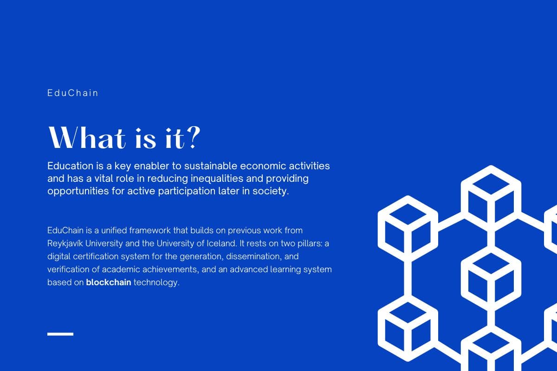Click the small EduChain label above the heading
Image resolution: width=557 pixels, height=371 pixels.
pyautogui.click(x=72, y=93)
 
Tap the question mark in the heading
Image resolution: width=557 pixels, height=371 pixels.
pyautogui.click(x=193, y=137)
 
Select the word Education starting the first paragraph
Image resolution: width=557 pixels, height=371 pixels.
pyautogui.click(x=71, y=166)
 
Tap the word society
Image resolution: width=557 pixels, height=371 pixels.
pyautogui.click(x=271, y=192)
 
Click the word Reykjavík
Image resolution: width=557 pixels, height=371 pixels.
pyautogui.click(x=65, y=243)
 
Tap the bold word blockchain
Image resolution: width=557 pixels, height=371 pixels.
pyautogui.click(x=109, y=282)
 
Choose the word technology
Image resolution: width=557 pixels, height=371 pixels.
pyautogui.click(x=156, y=282)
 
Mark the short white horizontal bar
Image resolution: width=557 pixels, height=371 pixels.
pyautogui.click(x=60, y=334)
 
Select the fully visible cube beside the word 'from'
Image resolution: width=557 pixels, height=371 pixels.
pyautogui.click(x=408, y=228)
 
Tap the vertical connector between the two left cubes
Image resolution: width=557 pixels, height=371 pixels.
pyautogui.click(x=408, y=278)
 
